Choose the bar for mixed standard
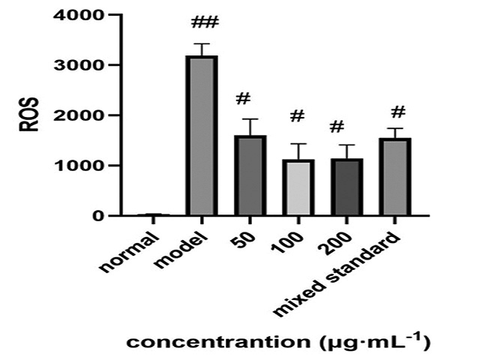pos(397,177)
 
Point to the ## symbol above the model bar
pos(202,27)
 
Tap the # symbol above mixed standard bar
pos(398,112)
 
